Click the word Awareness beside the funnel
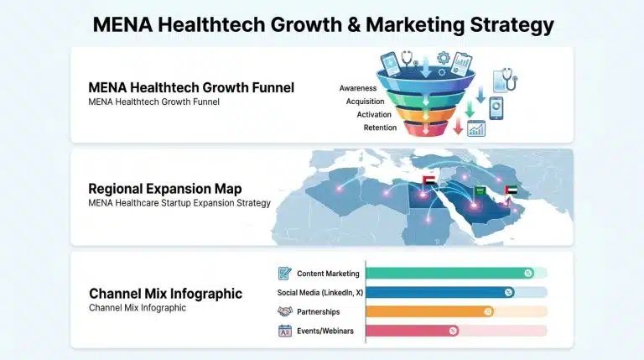pos(359,87)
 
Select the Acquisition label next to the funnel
pos(364,101)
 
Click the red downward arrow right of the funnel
pos(458,127)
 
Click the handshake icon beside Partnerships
pos(284,311)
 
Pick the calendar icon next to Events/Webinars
pos(284,331)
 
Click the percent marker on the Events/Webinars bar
pos(454,331)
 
